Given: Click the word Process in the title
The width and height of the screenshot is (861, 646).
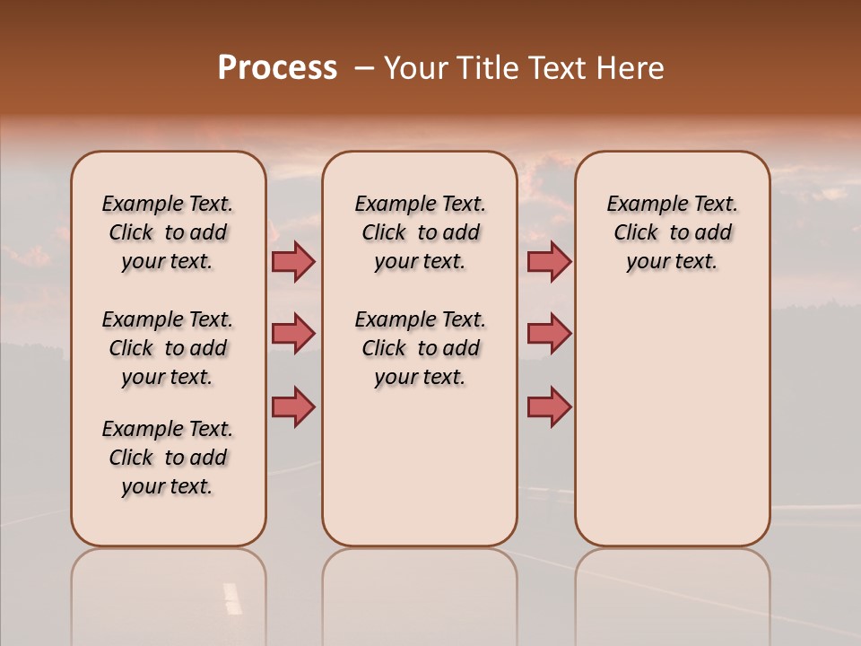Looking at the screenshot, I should click(277, 68).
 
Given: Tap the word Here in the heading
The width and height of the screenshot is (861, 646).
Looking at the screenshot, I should click(631, 68).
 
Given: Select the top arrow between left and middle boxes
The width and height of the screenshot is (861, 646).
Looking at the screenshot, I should click(293, 261).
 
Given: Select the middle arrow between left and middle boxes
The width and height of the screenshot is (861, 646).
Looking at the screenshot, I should click(293, 334).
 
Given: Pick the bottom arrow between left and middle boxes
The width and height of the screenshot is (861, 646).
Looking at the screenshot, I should click(293, 406).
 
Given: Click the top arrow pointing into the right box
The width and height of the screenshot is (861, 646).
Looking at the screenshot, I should click(549, 261).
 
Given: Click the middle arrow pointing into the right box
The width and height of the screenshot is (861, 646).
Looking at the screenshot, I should click(549, 334).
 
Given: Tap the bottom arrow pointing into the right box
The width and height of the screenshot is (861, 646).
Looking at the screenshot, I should click(549, 406).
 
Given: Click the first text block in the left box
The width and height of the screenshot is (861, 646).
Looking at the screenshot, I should click(168, 232).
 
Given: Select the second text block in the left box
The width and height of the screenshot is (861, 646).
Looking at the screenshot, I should click(168, 348).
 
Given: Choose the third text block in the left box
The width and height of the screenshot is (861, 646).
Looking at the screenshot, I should click(168, 458).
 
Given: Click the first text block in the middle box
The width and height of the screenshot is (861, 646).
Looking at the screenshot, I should click(420, 232).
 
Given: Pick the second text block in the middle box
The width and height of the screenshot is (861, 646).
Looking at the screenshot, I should click(420, 348).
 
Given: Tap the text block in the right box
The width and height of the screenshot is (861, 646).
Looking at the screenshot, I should click(672, 232).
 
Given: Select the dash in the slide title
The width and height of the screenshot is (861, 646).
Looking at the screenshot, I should click(364, 68).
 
